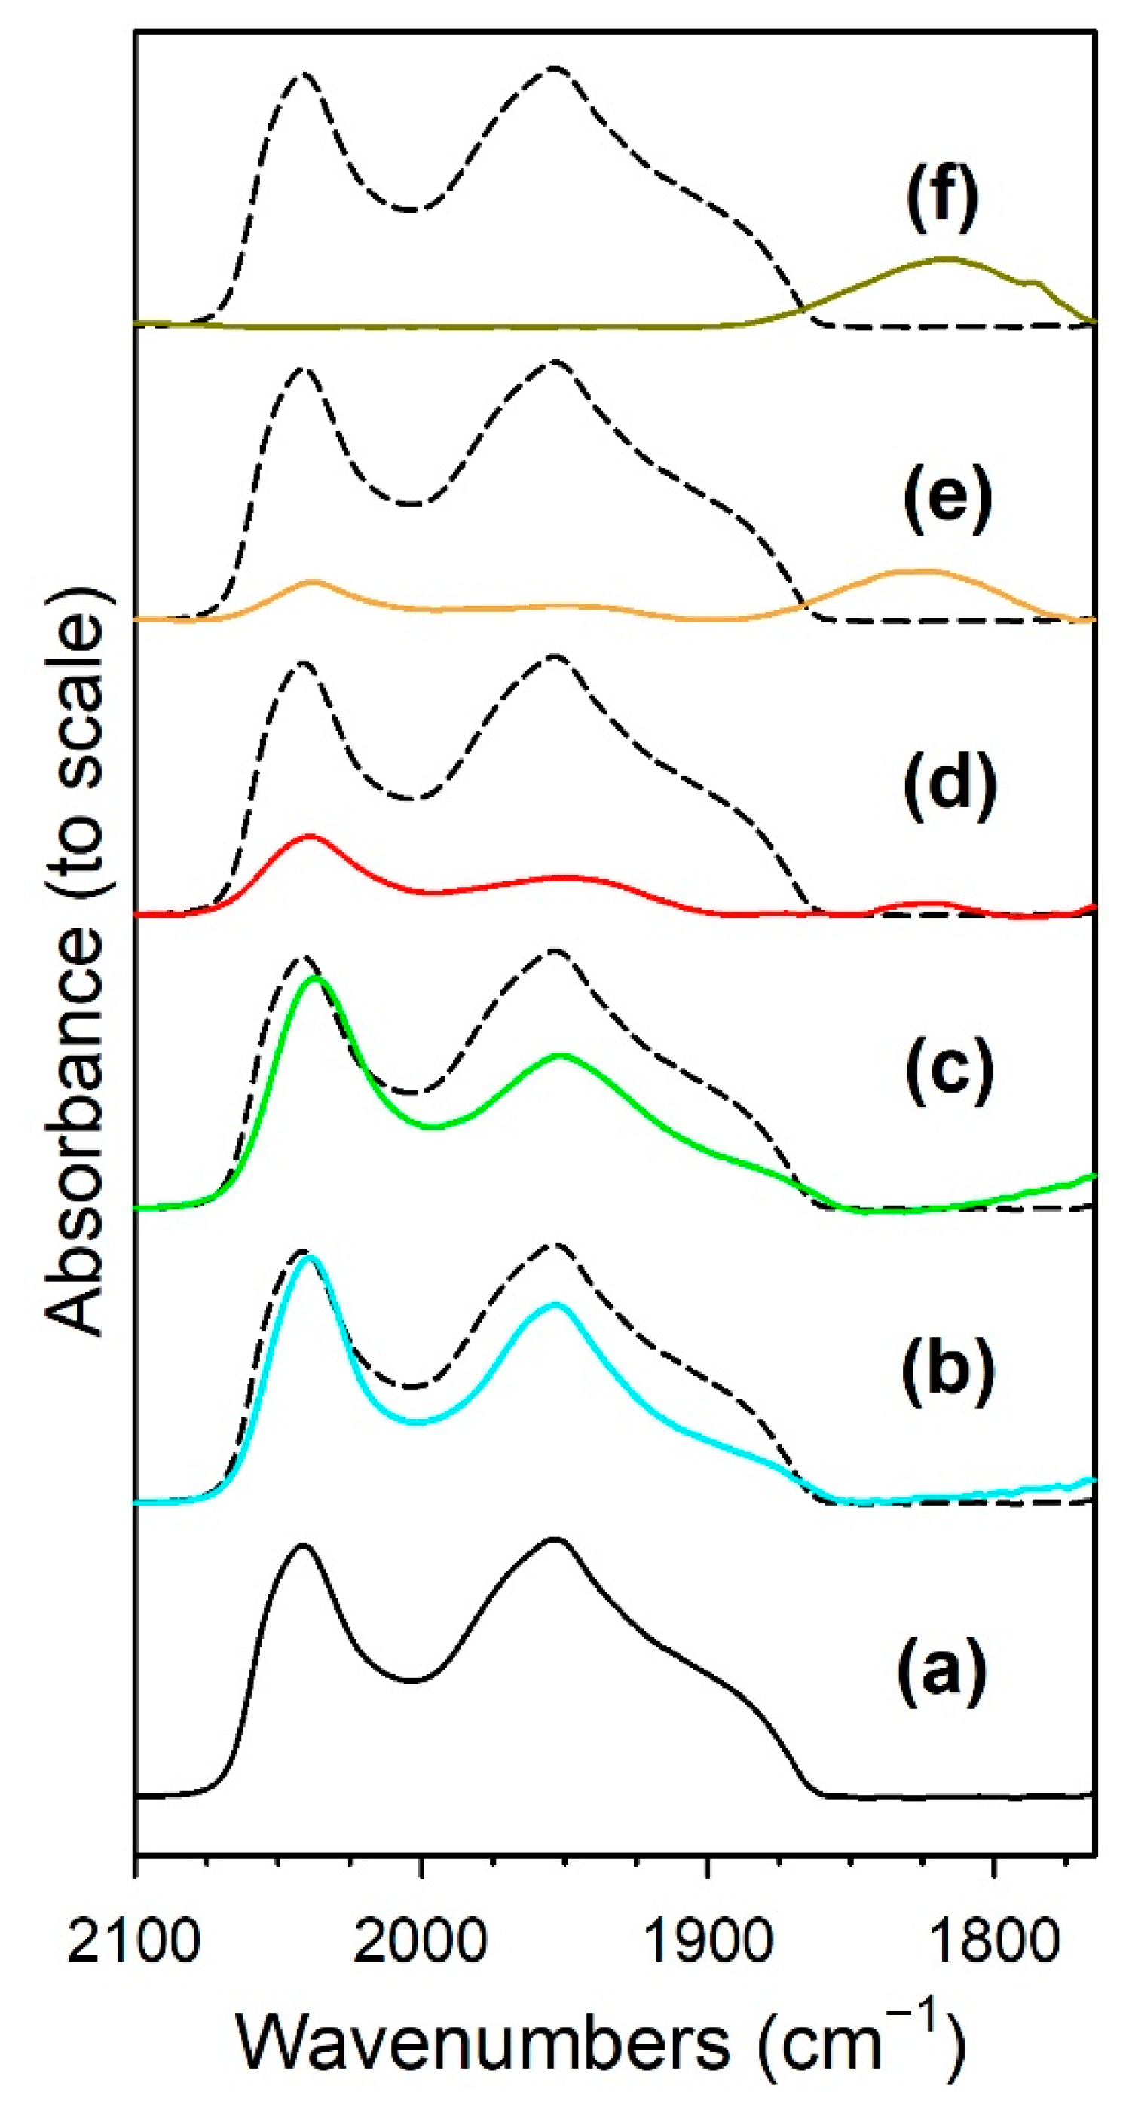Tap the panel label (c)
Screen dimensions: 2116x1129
click(x=949, y=1069)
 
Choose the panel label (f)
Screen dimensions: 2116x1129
click(x=943, y=197)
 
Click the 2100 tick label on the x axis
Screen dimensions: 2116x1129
click(x=134, y=1942)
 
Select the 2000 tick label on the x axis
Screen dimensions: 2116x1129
click(x=420, y=1942)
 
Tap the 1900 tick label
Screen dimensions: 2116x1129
click(x=707, y=1942)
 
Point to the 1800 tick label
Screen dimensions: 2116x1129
click(x=992, y=1942)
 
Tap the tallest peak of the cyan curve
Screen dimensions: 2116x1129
click(x=310, y=1257)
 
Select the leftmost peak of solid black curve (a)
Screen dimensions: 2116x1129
click(x=303, y=1545)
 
